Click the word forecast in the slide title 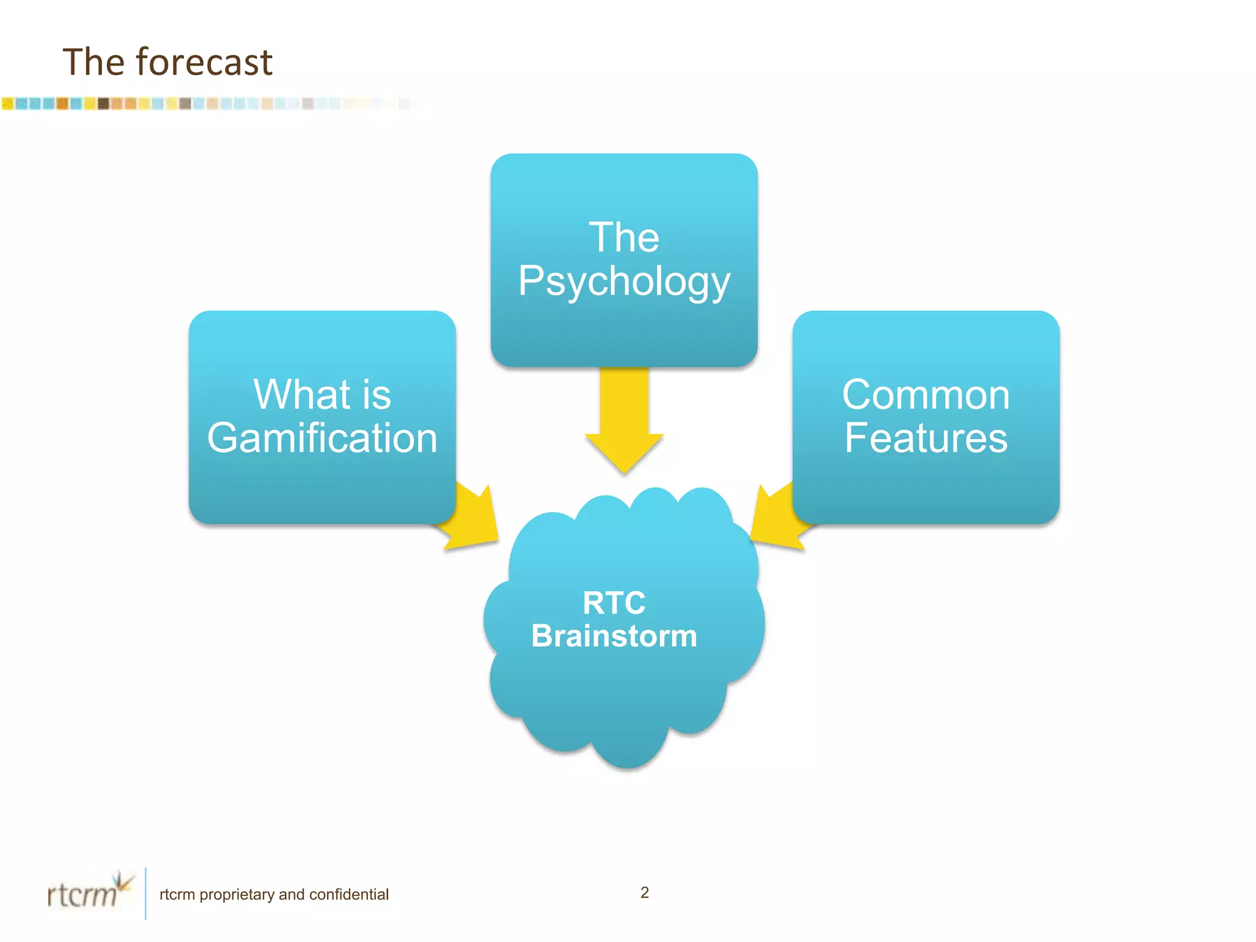(x=204, y=62)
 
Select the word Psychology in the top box (x=624, y=282)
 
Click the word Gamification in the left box (x=322, y=438)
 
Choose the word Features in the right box (x=925, y=438)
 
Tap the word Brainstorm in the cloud (x=614, y=636)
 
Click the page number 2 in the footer (x=645, y=892)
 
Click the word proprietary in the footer (x=237, y=894)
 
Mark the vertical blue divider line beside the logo (x=145, y=893)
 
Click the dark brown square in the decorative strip (x=104, y=104)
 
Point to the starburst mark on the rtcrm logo (x=124, y=882)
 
